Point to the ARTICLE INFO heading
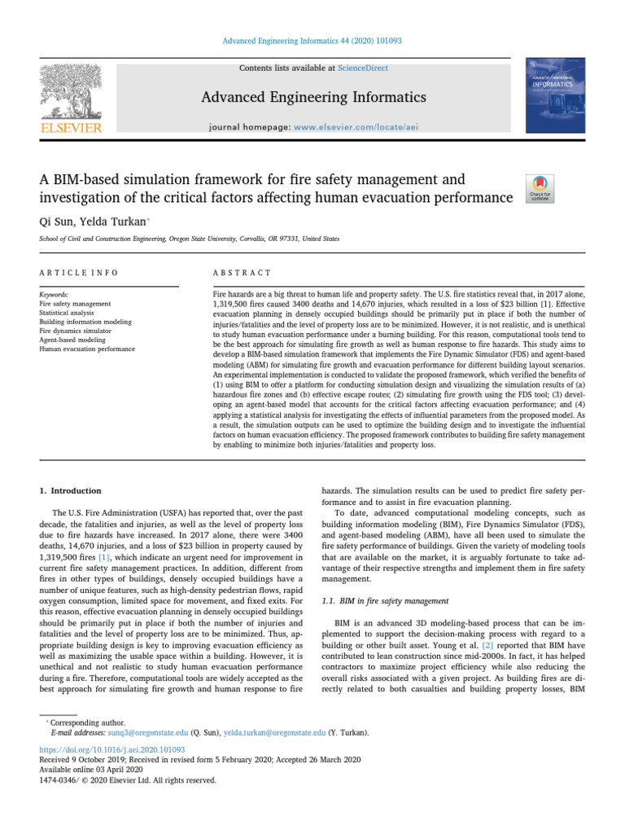tap(78, 273)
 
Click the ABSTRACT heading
tap(242, 273)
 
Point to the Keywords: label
tap(54, 293)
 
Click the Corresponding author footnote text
tap(84, 722)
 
